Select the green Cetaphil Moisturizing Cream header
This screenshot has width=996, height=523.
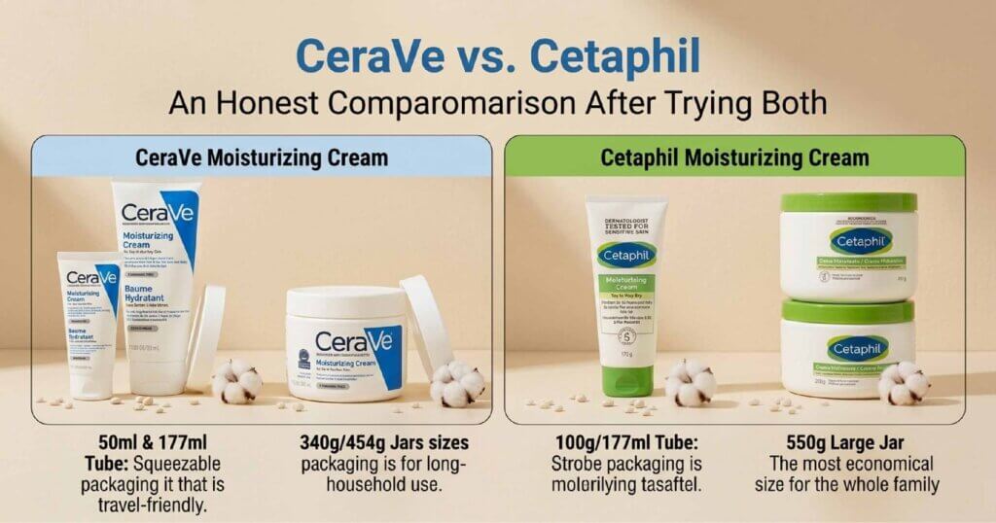(x=734, y=157)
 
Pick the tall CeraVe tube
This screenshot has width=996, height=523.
(x=159, y=282)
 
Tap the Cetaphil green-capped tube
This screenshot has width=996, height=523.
(x=627, y=292)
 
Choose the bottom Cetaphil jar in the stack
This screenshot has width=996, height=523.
(x=847, y=349)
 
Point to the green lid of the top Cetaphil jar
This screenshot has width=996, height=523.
(x=848, y=204)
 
